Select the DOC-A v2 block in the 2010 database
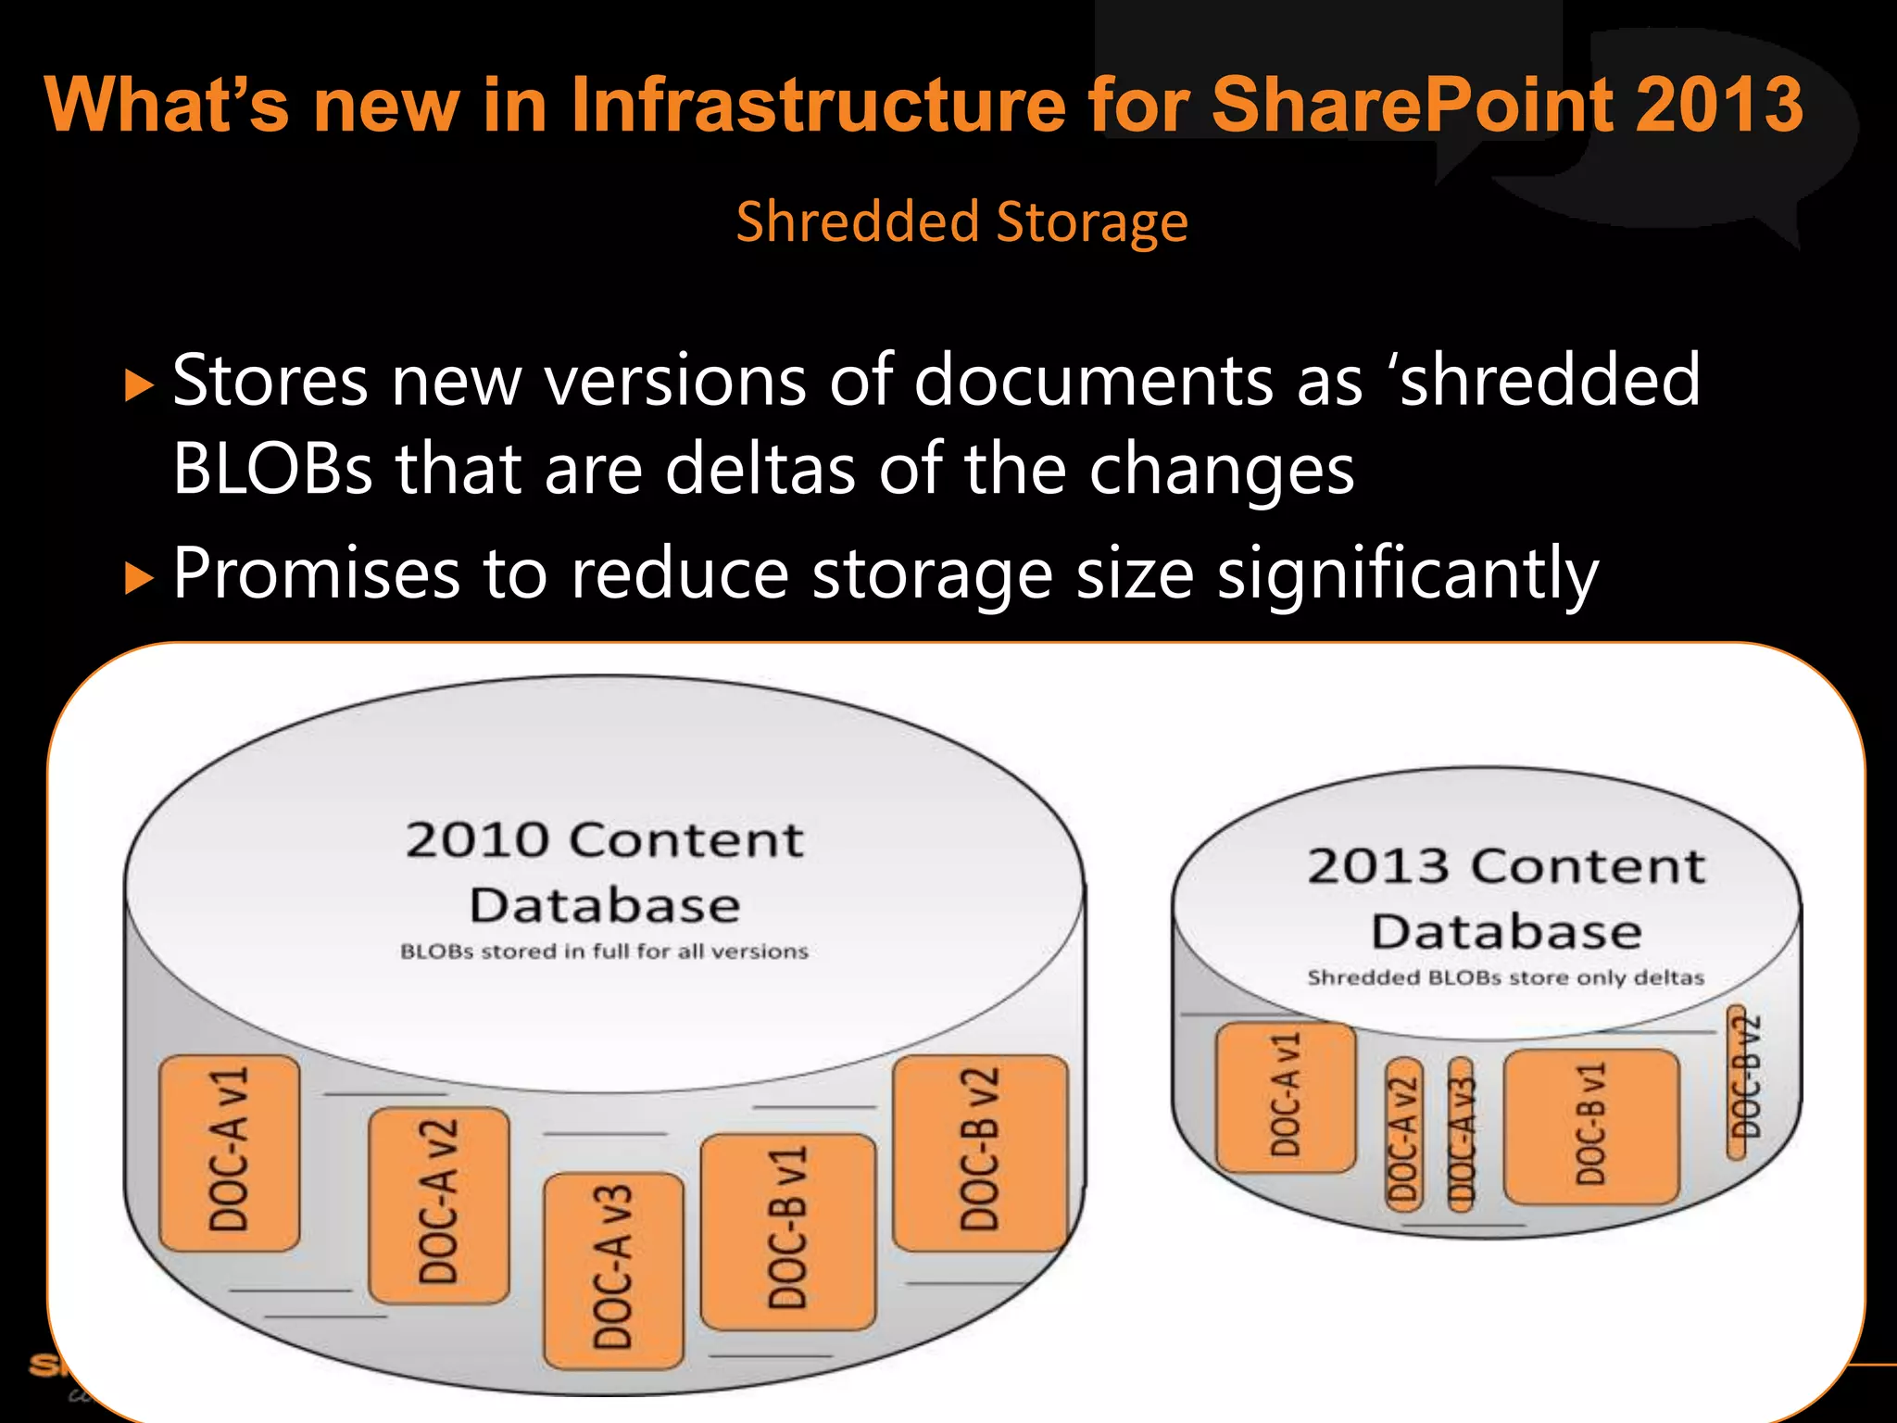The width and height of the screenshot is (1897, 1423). tap(438, 1204)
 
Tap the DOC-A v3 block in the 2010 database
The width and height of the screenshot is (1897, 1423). tap(613, 1270)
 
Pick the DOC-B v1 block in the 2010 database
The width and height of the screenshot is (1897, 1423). tap(787, 1231)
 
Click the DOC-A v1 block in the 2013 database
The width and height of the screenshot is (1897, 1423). tap(1286, 1097)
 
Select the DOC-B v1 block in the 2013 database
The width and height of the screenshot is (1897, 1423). tap(1590, 1126)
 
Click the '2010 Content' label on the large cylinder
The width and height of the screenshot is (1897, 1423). tap(604, 840)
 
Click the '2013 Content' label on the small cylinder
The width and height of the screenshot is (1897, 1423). tap(1506, 866)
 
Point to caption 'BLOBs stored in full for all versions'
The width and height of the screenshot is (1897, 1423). tap(604, 951)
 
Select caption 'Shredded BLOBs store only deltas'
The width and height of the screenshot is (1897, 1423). tap(1505, 977)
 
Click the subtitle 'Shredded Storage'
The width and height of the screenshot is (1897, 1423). tap(961, 222)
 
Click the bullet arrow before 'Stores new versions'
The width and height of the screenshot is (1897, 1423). tap(138, 384)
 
